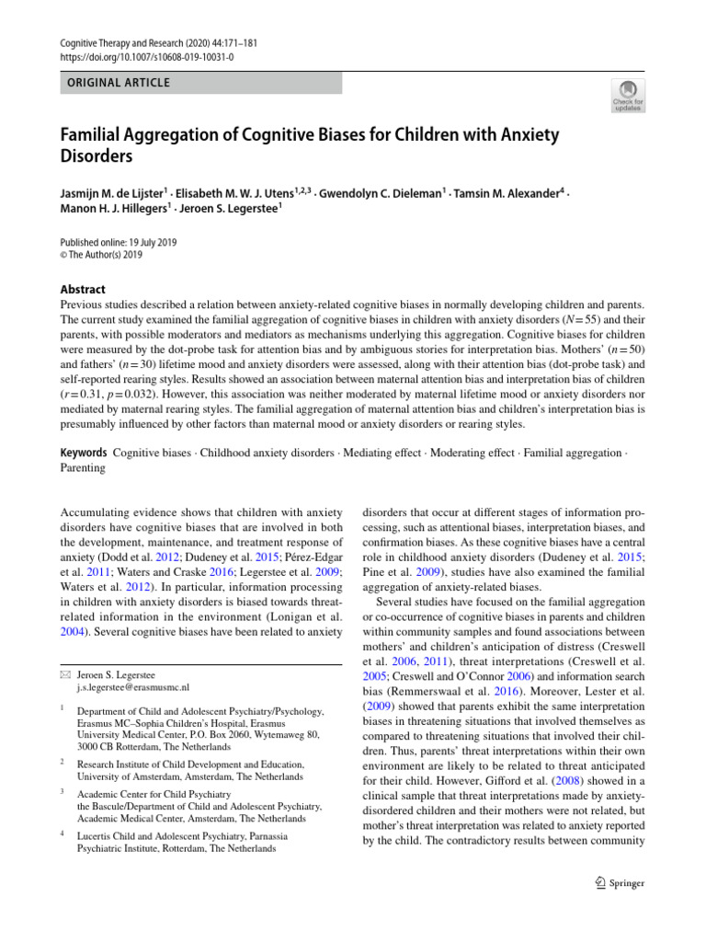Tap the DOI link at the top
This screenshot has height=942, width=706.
click(146, 57)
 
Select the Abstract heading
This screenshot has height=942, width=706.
click(83, 289)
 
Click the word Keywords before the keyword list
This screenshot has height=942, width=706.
click(83, 453)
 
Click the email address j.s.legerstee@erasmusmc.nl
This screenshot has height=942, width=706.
click(133, 686)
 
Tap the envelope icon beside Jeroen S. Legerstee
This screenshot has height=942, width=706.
click(64, 673)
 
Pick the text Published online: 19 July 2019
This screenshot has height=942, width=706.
click(118, 243)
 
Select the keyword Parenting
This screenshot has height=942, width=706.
click(83, 467)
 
